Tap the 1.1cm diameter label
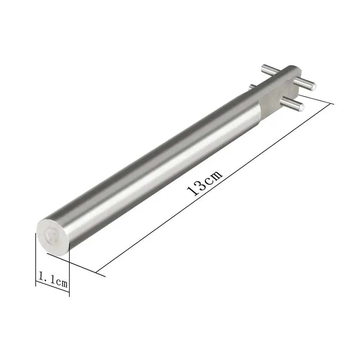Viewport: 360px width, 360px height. click(x=53, y=279)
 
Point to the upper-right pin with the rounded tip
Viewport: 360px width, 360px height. click(x=305, y=83)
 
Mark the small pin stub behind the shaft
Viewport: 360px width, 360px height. click(x=253, y=87)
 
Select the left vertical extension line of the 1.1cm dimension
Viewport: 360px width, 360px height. click(x=36, y=260)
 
